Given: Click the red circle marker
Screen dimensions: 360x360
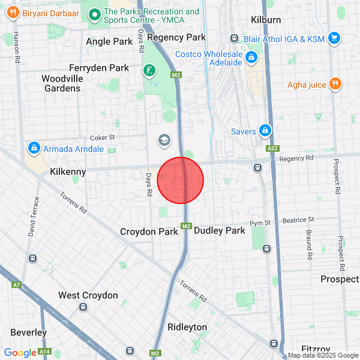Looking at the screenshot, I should tap(181, 181).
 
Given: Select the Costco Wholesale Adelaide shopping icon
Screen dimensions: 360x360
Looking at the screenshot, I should tap(251, 58).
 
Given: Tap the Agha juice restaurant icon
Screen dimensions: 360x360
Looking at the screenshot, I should tap(336, 85).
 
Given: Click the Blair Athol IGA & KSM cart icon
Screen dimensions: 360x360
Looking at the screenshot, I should tap(334, 39).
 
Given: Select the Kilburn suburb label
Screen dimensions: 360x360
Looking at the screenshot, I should tap(265, 20).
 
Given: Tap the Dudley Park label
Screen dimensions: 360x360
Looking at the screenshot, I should tap(220, 230).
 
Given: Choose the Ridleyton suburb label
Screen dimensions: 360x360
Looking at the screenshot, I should tap(187, 327).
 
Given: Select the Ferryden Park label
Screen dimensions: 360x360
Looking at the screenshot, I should tap(98, 68).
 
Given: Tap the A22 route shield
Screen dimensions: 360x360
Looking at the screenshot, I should tap(272, 148).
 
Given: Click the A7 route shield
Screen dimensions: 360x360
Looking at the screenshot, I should tap(16, 284).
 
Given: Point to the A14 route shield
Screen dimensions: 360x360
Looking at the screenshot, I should tap(44, 352).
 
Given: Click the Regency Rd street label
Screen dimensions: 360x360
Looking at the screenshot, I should tap(296, 158).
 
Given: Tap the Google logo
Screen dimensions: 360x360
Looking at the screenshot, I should tap(20, 353).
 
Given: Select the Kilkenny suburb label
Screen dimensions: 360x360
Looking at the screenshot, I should tap(68, 172).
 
